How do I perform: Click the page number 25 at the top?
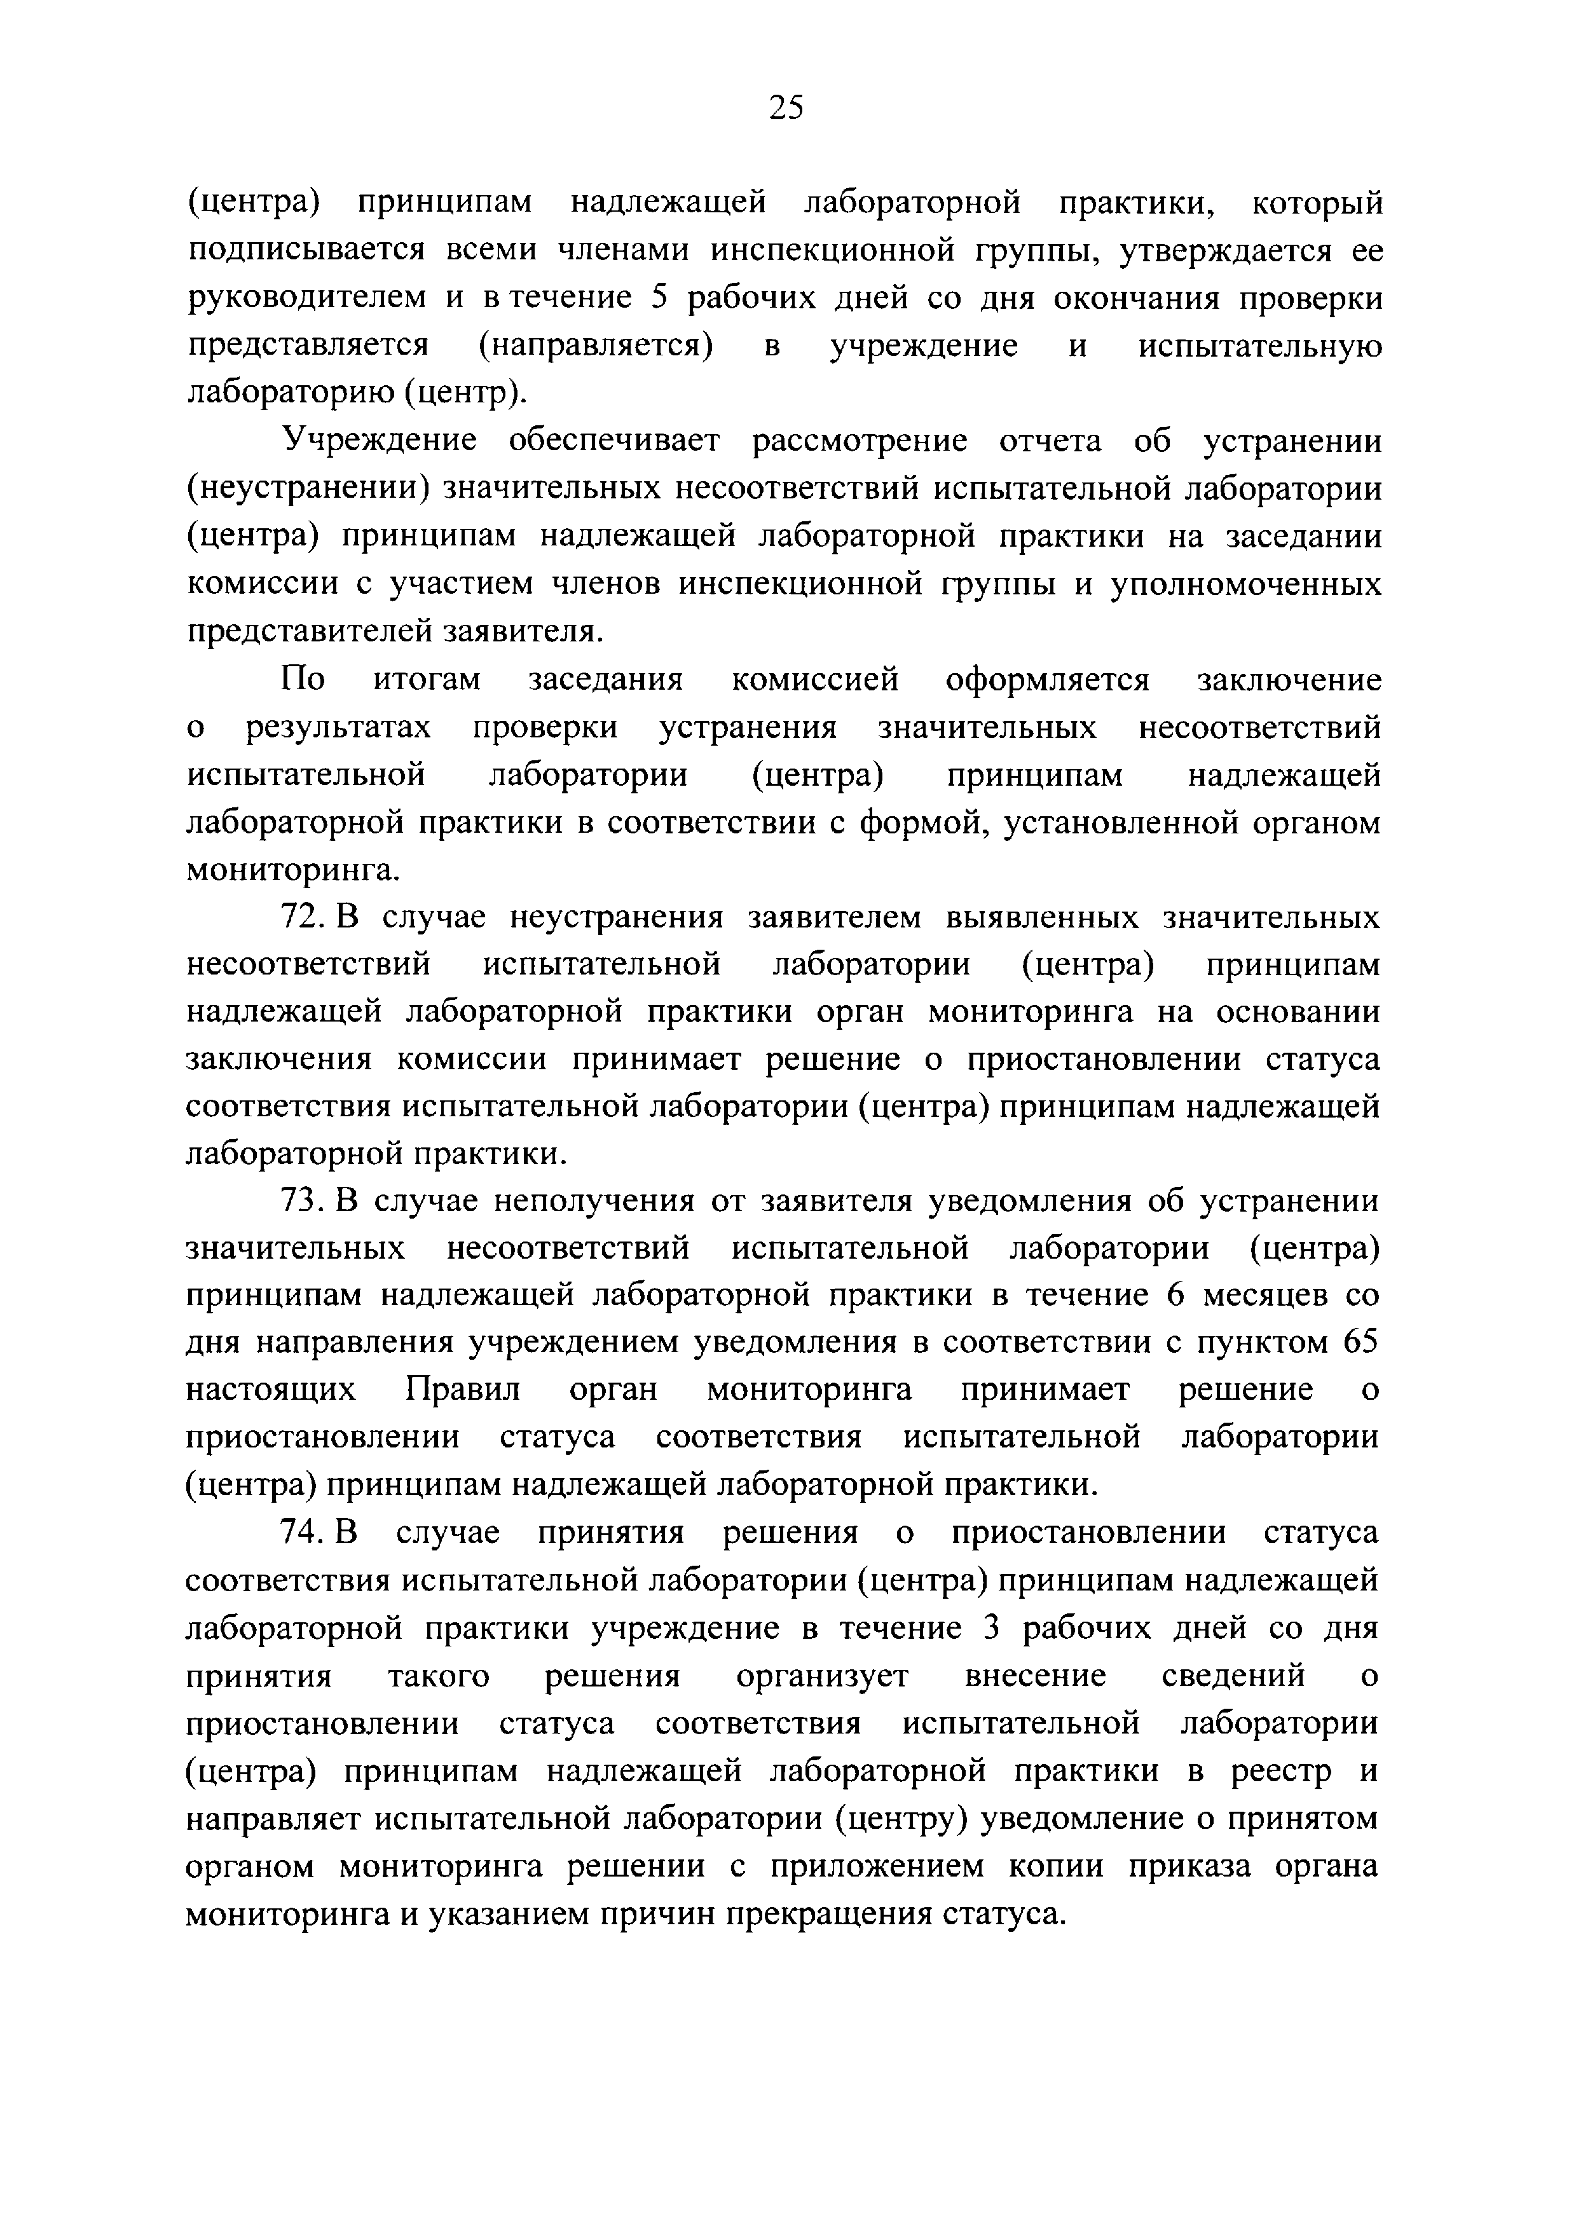click(786, 107)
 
